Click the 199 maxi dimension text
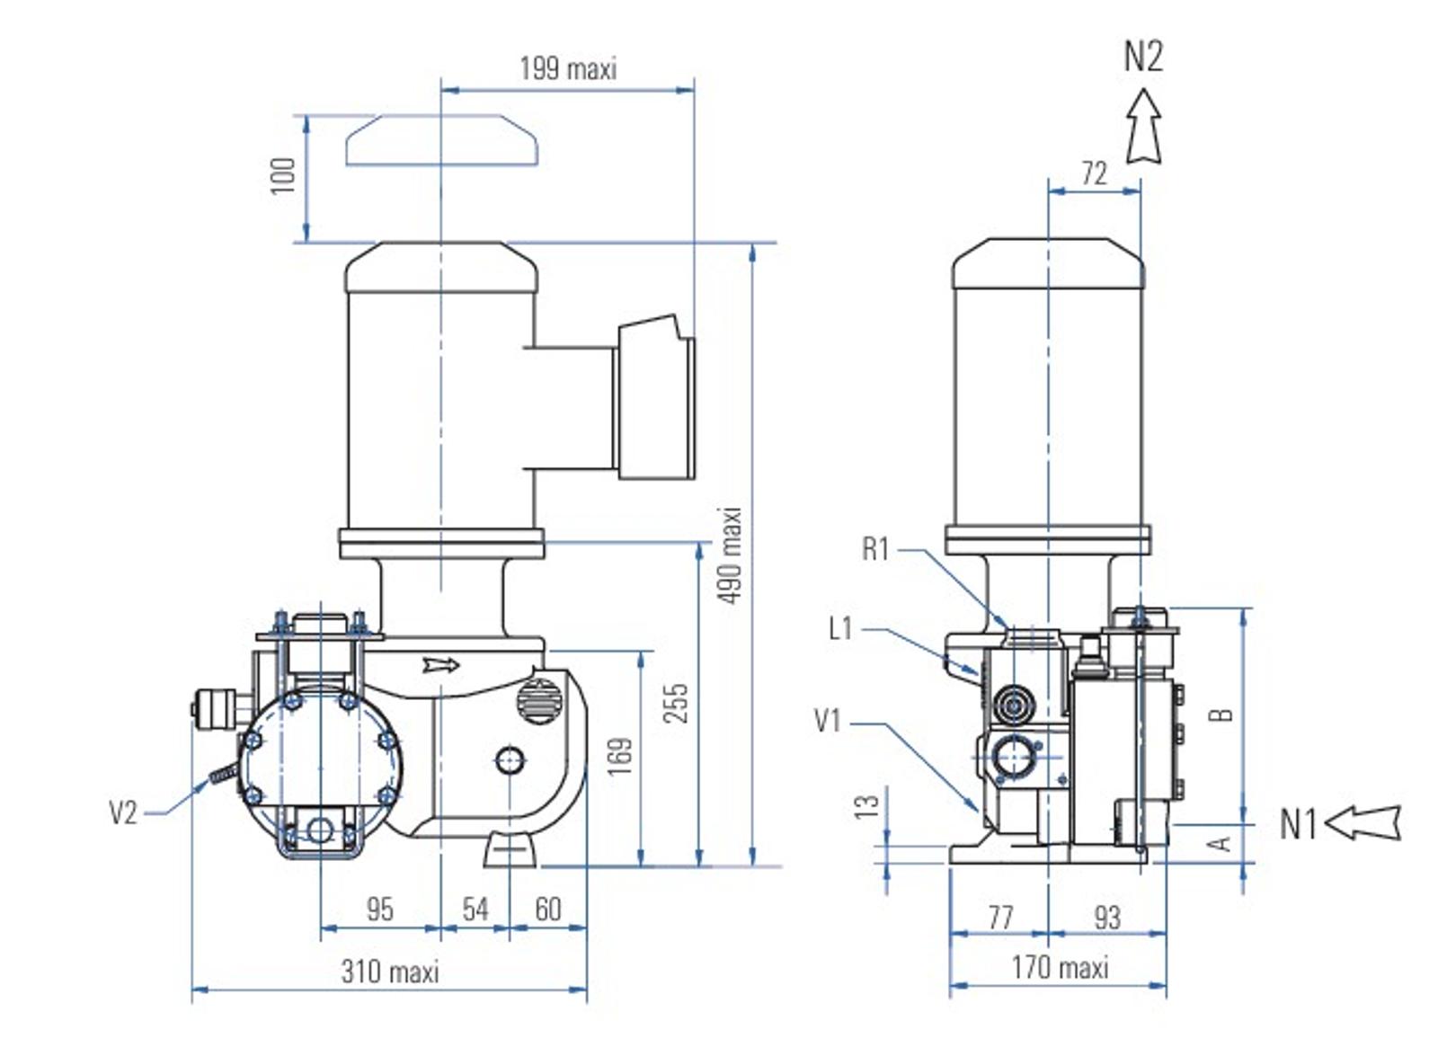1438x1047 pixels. coord(568,68)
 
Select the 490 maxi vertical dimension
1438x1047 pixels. coord(731,556)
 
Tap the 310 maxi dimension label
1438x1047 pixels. coord(390,972)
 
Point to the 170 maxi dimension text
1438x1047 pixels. coord(1061,967)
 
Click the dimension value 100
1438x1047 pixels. coord(283,175)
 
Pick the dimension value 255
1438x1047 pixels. coord(675,704)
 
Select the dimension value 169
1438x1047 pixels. coord(620,757)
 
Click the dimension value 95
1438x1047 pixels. coord(379,909)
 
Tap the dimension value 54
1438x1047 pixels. coord(475,909)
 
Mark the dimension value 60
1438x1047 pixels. coord(548,909)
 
